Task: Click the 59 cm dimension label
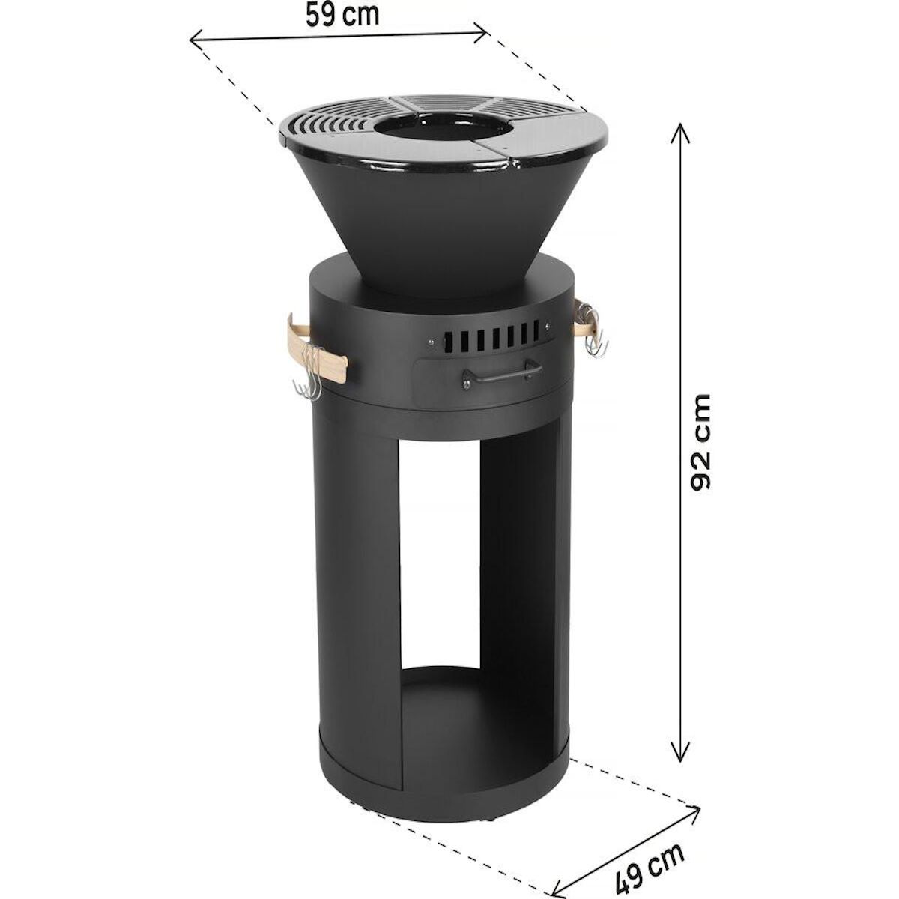(x=342, y=15)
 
